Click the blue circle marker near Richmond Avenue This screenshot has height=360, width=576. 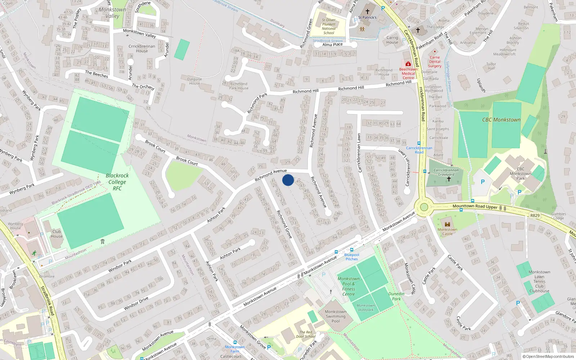point(288,180)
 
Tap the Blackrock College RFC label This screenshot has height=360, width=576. point(117,182)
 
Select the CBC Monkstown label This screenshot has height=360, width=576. point(501,120)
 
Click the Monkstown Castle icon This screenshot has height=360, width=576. point(447,224)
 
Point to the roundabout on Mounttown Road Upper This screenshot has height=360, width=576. point(424,207)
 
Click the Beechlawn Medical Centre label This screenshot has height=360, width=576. point(408,73)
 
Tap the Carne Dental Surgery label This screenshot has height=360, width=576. point(435,62)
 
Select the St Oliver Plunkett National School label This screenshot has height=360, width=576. point(329,27)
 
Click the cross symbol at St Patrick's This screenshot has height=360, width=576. point(367,11)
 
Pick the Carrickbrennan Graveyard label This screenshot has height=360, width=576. point(446,172)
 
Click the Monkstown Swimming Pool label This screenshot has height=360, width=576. point(336,316)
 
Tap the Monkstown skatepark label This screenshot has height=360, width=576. point(365,307)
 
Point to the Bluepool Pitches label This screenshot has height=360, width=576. point(352,257)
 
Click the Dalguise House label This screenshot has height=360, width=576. point(194,81)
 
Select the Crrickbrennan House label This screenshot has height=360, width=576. point(142,49)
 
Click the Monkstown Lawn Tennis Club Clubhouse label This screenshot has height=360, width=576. point(539,282)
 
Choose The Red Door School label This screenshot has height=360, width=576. point(306,334)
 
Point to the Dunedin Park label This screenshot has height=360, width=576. point(396,296)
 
